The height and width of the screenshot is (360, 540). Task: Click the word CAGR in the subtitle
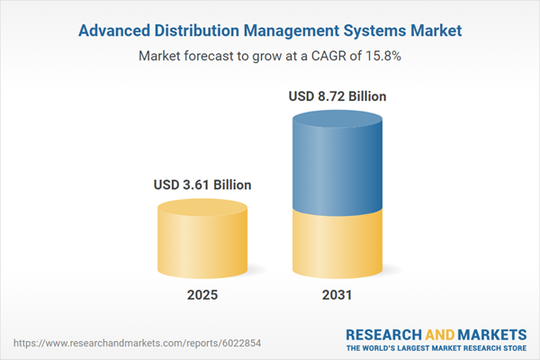[325, 56]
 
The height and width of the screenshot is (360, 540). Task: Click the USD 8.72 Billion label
[338, 94]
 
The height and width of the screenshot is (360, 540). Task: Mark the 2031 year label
[338, 295]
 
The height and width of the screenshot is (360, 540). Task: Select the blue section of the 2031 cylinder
[338, 166]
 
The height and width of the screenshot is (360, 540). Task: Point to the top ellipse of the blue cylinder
[338, 121]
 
